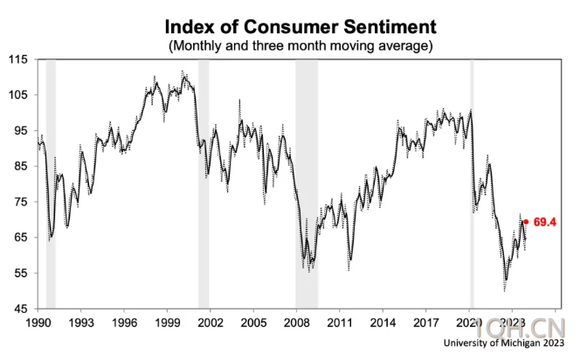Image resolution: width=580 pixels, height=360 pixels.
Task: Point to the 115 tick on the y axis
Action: [x=19, y=59]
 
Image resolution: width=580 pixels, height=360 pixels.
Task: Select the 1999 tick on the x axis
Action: [x=167, y=322]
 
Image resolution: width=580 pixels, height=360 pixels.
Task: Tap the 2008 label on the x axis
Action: [x=296, y=322]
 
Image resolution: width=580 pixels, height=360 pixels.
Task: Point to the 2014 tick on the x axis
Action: [x=383, y=322]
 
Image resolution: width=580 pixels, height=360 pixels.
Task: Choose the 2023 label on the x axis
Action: [x=512, y=322]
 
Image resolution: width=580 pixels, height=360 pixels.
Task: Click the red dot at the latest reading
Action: [x=526, y=222]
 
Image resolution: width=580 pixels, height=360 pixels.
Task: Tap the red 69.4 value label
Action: [x=546, y=222]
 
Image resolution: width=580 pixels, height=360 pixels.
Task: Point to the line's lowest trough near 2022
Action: [x=505, y=287]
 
